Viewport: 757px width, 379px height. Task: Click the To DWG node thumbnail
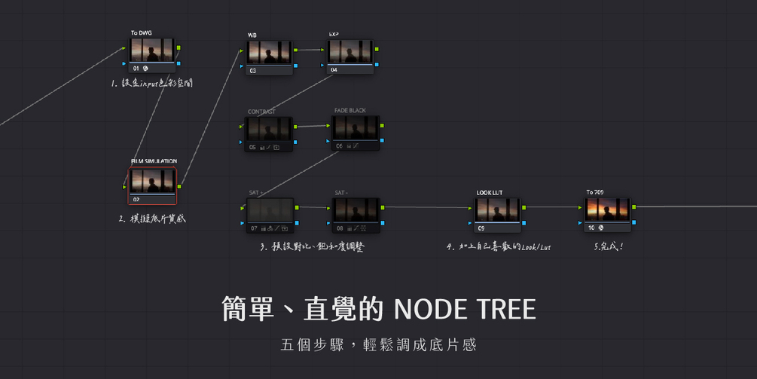point(152,50)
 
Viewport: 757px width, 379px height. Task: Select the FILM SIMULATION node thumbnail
point(152,181)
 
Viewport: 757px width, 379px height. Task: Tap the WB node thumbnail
point(270,53)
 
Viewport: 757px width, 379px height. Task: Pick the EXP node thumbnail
point(350,52)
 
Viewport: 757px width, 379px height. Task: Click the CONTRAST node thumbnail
point(270,130)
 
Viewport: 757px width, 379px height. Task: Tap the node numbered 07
point(270,211)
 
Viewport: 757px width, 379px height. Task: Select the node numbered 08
point(356,211)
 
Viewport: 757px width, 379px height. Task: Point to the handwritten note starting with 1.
point(151,84)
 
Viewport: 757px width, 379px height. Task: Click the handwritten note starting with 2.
point(151,219)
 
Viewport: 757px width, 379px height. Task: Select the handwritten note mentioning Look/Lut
point(498,246)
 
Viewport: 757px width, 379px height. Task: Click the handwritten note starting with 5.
point(608,246)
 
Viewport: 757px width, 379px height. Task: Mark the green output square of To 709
point(634,206)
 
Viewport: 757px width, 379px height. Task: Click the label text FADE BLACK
point(350,111)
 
